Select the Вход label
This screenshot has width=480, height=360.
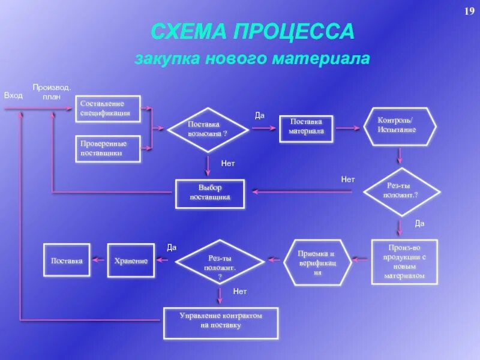pos(13,95)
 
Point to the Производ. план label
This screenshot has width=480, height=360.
pos(52,92)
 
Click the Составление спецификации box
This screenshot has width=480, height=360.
pos(108,109)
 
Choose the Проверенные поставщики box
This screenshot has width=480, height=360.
pos(108,149)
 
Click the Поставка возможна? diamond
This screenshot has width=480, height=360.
pos(208,129)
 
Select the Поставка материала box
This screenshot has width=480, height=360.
pos(306,127)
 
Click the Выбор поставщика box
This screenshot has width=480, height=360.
pos(210,193)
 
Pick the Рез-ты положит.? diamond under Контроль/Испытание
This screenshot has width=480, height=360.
pos(401,192)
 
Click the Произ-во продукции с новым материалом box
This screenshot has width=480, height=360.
pos(404,262)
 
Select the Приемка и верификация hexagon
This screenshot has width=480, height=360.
pos(317,262)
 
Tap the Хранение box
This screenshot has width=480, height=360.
pos(131,260)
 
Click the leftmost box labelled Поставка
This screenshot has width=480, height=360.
pos(67,260)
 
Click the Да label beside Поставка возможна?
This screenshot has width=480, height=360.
pos(260,115)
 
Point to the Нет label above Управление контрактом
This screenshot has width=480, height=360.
pos(240,292)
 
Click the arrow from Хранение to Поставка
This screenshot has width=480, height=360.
pos(99,260)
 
